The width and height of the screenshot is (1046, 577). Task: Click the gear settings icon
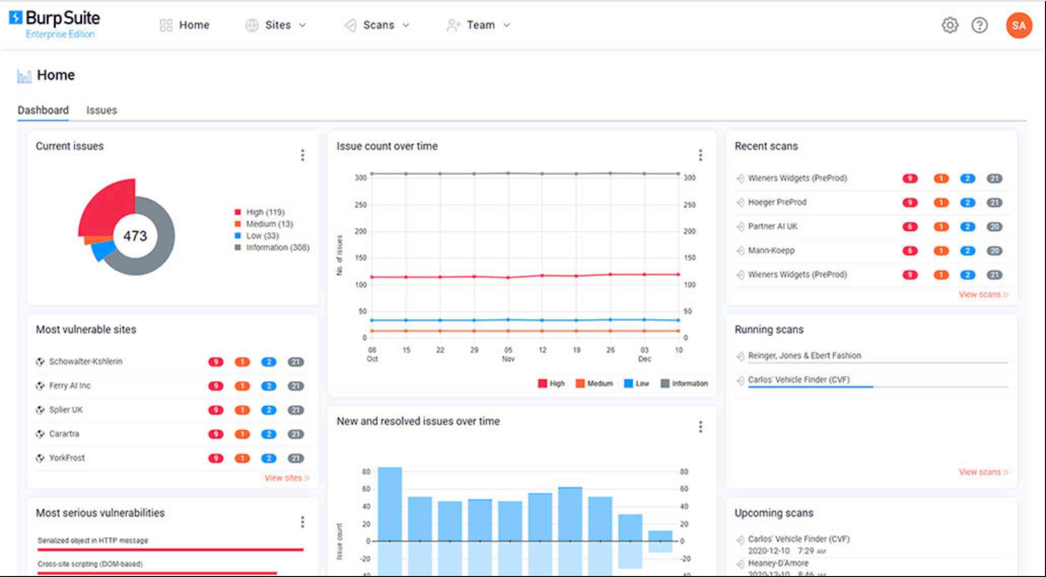[x=950, y=25]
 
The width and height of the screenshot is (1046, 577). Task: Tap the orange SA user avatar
[x=1019, y=25]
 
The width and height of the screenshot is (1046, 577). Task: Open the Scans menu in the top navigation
[x=378, y=25]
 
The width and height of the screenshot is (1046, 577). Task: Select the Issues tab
[x=101, y=110]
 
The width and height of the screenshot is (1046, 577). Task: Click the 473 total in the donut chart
[x=135, y=236]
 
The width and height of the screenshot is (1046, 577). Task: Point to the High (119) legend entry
[x=265, y=212]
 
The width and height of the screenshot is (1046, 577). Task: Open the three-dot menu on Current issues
[x=302, y=155]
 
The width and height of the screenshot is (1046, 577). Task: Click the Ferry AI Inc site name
[x=69, y=386]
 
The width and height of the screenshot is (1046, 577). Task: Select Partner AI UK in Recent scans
[x=772, y=227]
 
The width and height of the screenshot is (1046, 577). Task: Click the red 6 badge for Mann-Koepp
[x=910, y=251]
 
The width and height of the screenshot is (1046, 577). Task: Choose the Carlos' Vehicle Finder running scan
[x=798, y=380]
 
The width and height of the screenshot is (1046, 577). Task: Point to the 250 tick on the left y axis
[x=360, y=205]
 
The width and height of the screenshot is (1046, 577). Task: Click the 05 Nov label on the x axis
[x=508, y=354]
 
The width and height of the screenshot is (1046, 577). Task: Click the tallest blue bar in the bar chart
[x=390, y=502]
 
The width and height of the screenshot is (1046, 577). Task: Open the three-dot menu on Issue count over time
[x=701, y=155]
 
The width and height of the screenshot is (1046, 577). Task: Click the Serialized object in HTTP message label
[x=93, y=540]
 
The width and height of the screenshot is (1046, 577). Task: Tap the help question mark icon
[x=979, y=25]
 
